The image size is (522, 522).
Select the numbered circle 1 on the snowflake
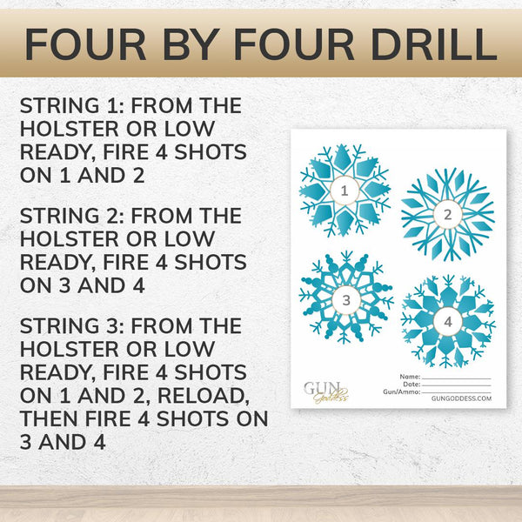345,190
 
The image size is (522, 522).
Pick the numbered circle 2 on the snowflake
447,214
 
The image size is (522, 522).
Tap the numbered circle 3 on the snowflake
346,300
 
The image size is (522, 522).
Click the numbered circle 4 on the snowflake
448,321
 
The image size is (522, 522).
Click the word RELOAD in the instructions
213,396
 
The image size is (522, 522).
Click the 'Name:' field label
411,376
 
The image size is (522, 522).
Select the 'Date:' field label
412,384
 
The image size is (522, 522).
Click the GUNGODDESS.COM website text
461,400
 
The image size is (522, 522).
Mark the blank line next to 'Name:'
456,378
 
